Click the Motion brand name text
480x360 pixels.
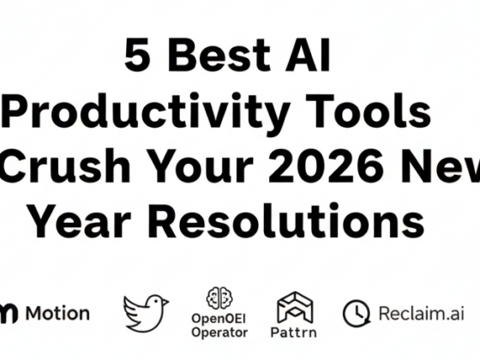[x=57, y=313]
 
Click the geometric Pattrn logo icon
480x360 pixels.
[x=295, y=305]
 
